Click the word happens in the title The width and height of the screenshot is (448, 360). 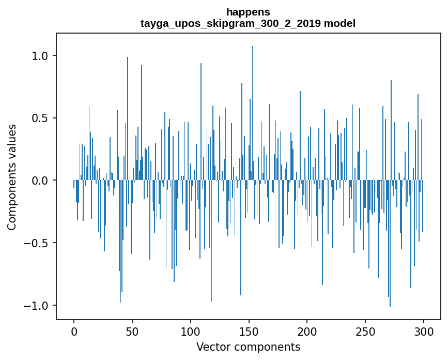pyautogui.click(x=248, y=12)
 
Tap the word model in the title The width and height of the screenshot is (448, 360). pyautogui.click(x=339, y=23)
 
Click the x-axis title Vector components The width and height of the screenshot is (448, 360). pyautogui.click(x=248, y=347)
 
